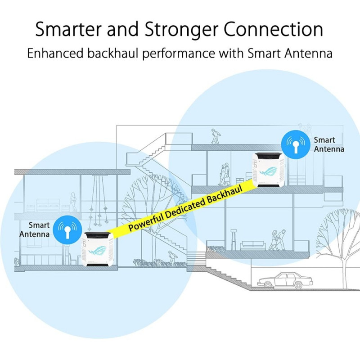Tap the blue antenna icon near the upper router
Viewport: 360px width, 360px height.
[x=296, y=144]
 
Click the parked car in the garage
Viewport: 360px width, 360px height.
[x=279, y=280]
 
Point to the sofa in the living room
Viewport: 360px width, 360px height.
[x=253, y=245]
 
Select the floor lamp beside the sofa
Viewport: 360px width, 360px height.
[x=234, y=238]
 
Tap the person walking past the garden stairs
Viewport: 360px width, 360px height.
[x=172, y=258]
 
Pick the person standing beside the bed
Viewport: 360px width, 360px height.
[x=73, y=202]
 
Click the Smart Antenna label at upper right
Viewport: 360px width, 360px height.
[x=329, y=144]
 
